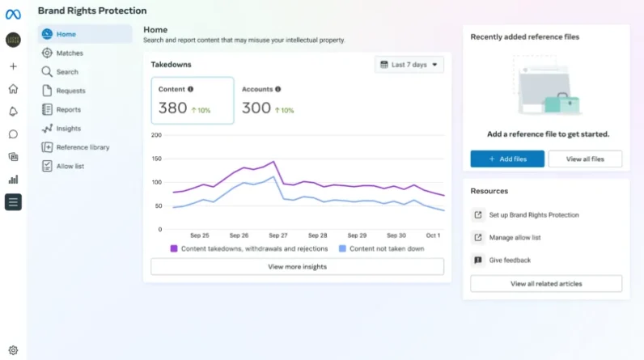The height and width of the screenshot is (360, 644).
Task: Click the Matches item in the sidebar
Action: [x=69, y=53]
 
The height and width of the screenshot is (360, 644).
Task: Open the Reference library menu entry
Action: [x=82, y=147]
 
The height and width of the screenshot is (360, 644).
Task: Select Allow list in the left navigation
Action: [x=70, y=166]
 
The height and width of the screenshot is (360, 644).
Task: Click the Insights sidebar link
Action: [x=68, y=129]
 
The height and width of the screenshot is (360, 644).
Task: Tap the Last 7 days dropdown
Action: [x=409, y=65]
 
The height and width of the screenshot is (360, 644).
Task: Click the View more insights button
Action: [x=297, y=266]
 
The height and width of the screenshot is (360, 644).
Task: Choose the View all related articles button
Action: [x=545, y=284]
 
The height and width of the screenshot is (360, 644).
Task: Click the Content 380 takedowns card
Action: [x=193, y=101]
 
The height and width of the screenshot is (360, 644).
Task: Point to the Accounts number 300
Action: [x=256, y=108]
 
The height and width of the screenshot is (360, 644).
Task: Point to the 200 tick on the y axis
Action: [x=157, y=134]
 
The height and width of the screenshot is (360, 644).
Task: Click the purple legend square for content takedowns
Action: [x=173, y=249]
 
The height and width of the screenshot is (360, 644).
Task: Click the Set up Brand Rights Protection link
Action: [x=533, y=215]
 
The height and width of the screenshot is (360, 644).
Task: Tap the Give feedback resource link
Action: [x=510, y=260]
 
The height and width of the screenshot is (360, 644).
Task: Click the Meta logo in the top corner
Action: [x=13, y=14]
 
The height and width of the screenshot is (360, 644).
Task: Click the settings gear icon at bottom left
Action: [x=13, y=350]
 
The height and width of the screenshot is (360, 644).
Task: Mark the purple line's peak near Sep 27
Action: [x=275, y=162]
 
